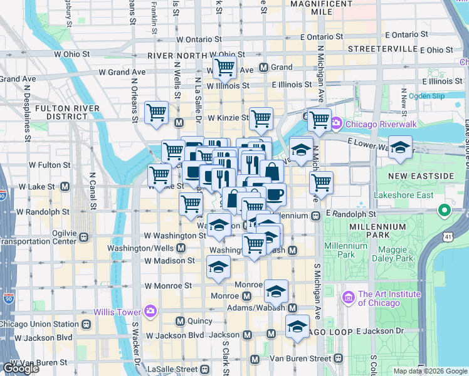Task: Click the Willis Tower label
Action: click(x=118, y=312)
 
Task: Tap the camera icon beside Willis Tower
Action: click(x=150, y=311)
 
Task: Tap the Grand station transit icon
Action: click(x=264, y=67)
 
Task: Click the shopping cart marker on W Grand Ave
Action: click(x=224, y=67)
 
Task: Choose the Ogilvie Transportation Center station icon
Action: click(x=83, y=238)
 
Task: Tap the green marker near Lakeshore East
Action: click(x=445, y=210)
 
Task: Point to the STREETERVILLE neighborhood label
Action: click(x=382, y=48)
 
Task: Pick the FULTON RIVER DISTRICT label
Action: click(x=61, y=112)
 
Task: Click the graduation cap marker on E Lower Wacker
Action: click(x=399, y=148)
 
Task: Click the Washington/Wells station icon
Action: click(x=181, y=248)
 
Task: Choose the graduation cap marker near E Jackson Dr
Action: click(x=297, y=326)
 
